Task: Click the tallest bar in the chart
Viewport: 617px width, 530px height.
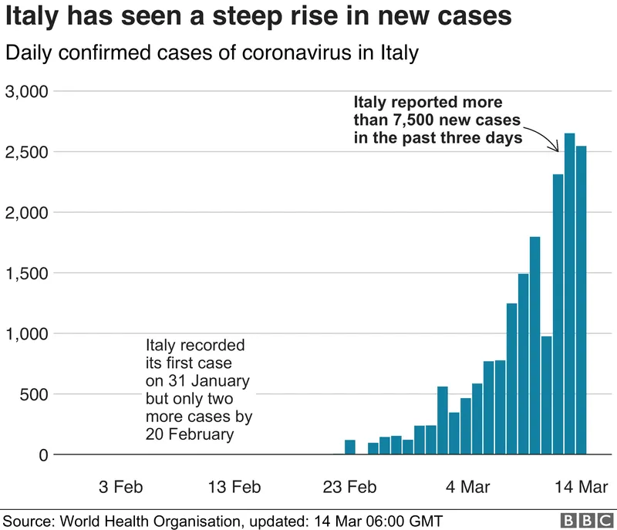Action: click(x=570, y=293)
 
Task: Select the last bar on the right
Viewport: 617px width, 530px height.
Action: click(x=582, y=301)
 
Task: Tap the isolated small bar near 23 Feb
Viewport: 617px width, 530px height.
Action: click(x=349, y=447)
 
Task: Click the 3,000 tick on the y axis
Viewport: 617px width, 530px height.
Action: click(x=27, y=92)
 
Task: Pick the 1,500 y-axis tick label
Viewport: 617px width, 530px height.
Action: click(x=27, y=273)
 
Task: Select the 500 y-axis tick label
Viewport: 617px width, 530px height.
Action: click(x=34, y=394)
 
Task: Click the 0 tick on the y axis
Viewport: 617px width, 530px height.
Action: click(x=43, y=455)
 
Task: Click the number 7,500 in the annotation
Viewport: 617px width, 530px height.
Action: click(x=420, y=120)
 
